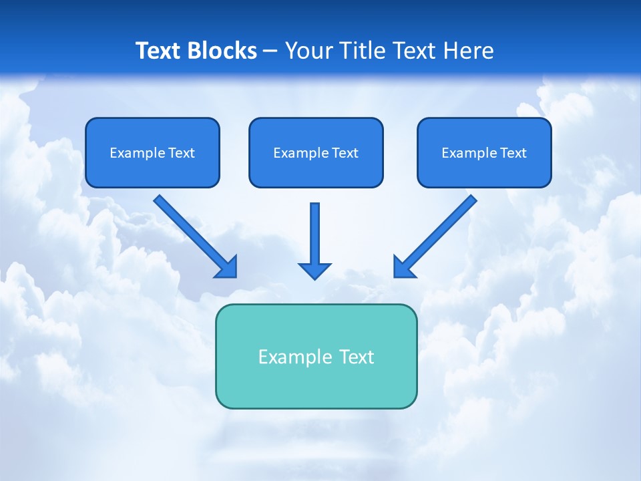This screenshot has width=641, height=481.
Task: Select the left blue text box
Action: [x=152, y=153]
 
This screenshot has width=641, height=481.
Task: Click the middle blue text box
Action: [x=316, y=153]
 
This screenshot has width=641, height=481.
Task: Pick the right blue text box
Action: [x=484, y=153]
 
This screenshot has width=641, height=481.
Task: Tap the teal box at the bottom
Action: [x=316, y=357]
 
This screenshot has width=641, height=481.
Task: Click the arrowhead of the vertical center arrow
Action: [x=314, y=270]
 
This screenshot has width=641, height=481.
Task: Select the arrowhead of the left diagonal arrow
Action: [x=227, y=267]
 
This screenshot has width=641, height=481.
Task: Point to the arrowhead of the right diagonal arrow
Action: [x=404, y=267]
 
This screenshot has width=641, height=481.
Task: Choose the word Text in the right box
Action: [x=513, y=153]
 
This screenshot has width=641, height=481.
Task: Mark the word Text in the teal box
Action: [x=357, y=357]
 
